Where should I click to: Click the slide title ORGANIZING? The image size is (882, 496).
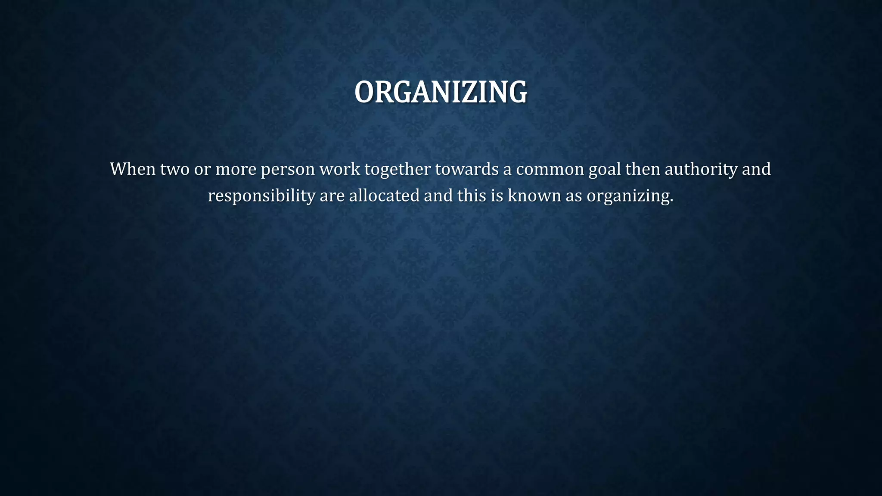tap(441, 92)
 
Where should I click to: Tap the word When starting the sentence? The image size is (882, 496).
tap(133, 169)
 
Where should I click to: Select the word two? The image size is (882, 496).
tap(174, 169)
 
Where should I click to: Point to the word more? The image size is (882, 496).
tap(236, 169)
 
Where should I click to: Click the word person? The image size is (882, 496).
tap(288, 170)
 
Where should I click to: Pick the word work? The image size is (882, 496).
tap(339, 169)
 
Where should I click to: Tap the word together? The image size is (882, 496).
tap(398, 170)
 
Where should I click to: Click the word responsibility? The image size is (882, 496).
tap(261, 196)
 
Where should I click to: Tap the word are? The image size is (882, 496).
tap(332, 196)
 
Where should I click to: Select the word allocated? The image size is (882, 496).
tap(384, 195)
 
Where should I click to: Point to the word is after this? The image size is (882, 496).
tap(497, 195)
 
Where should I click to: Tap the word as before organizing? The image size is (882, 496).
tap(574, 196)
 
